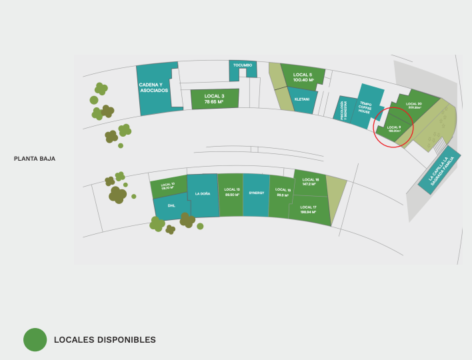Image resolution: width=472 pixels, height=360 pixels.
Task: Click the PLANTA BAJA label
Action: click(x=35, y=159)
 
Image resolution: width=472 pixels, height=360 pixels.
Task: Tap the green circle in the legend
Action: click(x=35, y=339)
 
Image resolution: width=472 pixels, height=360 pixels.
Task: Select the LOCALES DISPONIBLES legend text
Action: click(x=105, y=340)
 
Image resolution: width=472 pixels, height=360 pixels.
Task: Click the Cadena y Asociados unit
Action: click(x=155, y=87)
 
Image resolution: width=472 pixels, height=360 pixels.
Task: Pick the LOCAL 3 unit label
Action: click(x=214, y=99)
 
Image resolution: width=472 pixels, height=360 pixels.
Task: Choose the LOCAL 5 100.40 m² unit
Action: click(x=303, y=77)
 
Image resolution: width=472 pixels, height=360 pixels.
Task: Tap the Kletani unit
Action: click(x=302, y=99)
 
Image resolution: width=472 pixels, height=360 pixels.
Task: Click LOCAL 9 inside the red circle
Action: click(x=394, y=128)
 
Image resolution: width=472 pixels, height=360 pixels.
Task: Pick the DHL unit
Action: click(x=171, y=206)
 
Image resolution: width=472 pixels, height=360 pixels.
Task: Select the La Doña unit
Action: click(x=202, y=194)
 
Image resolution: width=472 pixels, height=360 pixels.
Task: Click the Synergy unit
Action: click(x=257, y=193)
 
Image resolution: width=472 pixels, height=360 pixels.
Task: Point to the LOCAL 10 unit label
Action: click(x=168, y=186)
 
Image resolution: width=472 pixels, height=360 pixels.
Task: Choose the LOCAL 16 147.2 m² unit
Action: click(x=311, y=181)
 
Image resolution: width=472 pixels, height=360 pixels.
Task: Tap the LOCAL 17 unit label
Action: click(x=308, y=209)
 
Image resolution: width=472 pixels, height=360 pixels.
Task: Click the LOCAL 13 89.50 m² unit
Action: click(x=231, y=192)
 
